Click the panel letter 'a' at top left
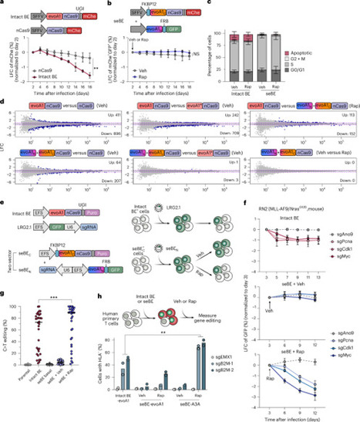pos(4,4)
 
